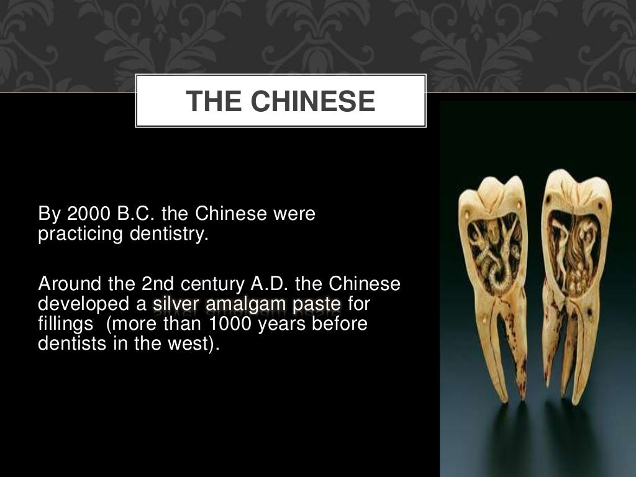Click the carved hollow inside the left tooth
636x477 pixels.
pyautogui.click(x=494, y=252)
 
